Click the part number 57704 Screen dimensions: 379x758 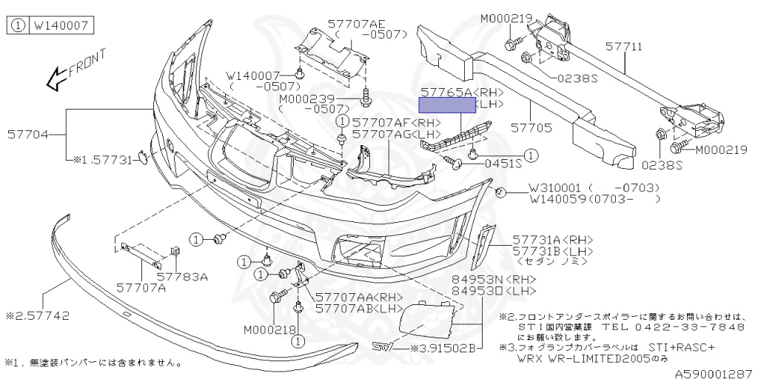[28, 135]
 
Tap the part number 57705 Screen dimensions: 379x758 [530, 128]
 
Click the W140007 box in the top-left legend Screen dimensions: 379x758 [59, 26]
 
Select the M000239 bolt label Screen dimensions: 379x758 [307, 99]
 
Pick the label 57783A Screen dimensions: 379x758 [183, 277]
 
